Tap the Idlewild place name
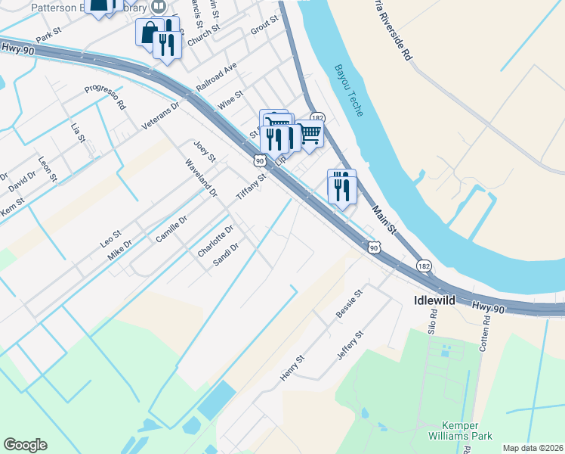434,300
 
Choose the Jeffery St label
351,344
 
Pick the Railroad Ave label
217,77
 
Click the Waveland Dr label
202,176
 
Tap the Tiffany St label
252,187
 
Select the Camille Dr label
171,228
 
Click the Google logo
25,445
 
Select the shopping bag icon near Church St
149,32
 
